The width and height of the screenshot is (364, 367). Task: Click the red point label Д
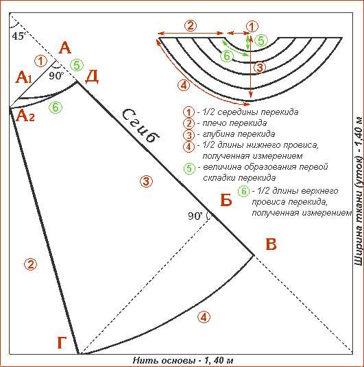point(92,77)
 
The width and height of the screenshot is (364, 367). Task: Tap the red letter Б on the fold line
point(226,200)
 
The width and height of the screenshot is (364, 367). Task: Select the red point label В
point(271,244)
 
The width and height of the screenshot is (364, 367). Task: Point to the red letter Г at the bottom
point(62,342)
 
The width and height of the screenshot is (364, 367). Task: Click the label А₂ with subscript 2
point(25,116)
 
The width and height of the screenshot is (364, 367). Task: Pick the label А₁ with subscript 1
point(23,77)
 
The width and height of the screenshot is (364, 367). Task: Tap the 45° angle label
point(18,36)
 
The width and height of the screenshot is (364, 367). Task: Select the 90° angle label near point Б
point(195,216)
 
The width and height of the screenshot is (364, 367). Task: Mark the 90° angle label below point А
point(56,75)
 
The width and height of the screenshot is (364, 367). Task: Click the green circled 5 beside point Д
point(77,65)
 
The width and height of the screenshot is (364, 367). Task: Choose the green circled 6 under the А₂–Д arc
point(56,107)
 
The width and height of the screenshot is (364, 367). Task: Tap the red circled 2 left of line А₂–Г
point(31,264)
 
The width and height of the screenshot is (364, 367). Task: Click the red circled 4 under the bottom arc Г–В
point(204,317)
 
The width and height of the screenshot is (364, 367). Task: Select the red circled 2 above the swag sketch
point(191,25)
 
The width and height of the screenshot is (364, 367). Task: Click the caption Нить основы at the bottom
point(164,360)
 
